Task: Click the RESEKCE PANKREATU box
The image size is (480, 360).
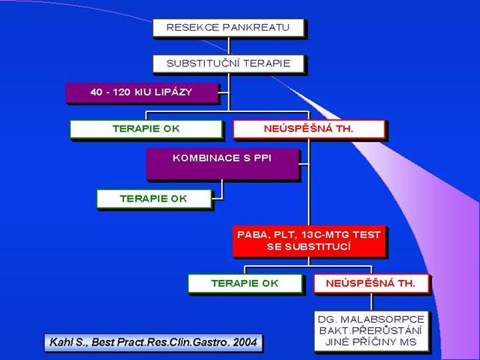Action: pyautogui.click(x=228, y=28)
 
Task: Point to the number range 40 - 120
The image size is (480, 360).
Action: pyautogui.click(x=111, y=92)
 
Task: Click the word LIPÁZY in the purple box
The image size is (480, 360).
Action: pyautogui.click(x=173, y=92)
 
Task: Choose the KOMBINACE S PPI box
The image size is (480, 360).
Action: pyautogui.click(x=222, y=164)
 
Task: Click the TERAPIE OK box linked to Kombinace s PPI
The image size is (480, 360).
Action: pyautogui.click(x=154, y=199)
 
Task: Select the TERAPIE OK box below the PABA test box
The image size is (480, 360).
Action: pyautogui.click(x=245, y=283)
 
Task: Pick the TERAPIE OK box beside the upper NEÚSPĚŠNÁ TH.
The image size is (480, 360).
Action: pyautogui.click(x=146, y=128)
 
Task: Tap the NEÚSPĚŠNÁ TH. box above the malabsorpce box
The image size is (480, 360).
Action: pyautogui.click(x=371, y=283)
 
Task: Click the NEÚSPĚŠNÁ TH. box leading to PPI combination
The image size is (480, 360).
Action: pyautogui.click(x=309, y=128)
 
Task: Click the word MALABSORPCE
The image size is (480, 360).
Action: pyautogui.click(x=382, y=320)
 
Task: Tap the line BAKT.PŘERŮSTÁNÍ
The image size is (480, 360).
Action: pyautogui.click(x=370, y=330)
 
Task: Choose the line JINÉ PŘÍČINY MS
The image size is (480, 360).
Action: pyautogui.click(x=371, y=341)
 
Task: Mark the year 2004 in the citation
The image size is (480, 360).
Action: pyautogui.click(x=245, y=342)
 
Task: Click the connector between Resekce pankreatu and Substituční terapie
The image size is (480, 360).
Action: pyautogui.click(x=228, y=46)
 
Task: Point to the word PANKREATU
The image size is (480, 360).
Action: pyautogui.click(x=256, y=28)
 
